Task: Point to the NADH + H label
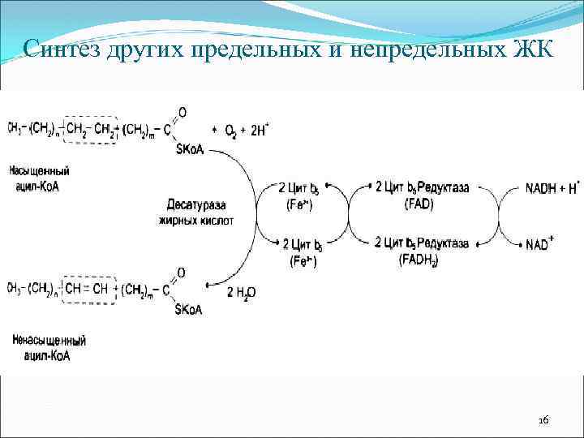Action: coord(552,188)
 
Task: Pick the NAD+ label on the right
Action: coord(540,244)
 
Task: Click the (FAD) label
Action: coord(419,204)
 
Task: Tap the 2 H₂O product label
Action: coord(241,293)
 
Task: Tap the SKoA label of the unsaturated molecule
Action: coord(187,309)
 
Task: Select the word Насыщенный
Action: coord(40,172)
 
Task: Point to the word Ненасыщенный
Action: coord(49,341)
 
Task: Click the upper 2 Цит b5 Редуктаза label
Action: coord(422,188)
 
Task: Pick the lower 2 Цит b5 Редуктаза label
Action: coord(422,243)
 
